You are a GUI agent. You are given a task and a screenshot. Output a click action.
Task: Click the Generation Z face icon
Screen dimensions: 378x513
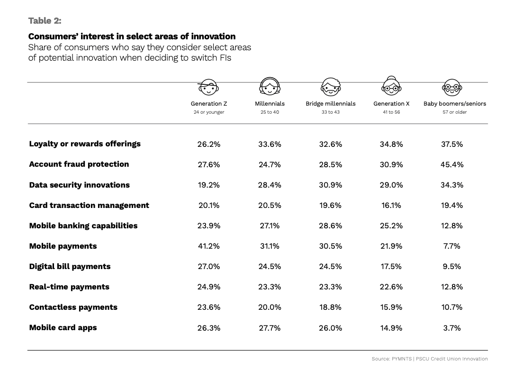(208, 87)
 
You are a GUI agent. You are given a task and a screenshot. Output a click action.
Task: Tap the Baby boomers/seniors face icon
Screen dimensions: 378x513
(451, 87)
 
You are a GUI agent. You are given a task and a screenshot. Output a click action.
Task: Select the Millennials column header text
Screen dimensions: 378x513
(270, 103)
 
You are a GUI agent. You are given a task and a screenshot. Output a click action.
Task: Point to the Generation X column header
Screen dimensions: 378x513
(391, 103)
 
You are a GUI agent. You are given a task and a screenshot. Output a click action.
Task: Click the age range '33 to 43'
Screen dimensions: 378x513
(330, 112)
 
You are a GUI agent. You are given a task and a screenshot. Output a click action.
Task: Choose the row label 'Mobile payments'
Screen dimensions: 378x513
(63, 246)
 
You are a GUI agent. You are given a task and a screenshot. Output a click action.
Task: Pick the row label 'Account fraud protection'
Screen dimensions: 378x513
(79, 164)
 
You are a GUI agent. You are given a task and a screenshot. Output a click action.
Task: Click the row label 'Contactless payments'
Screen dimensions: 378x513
(73, 307)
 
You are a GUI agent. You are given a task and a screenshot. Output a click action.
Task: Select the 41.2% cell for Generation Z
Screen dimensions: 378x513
(209, 246)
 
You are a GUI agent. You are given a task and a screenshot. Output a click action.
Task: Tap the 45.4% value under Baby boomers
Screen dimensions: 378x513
(452, 164)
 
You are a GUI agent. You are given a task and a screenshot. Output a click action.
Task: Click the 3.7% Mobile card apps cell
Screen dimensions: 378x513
(452, 328)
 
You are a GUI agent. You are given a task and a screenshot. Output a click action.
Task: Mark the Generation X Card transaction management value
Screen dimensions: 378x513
(391, 205)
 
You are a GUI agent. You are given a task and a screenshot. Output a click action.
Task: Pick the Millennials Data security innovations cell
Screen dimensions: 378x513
(270, 185)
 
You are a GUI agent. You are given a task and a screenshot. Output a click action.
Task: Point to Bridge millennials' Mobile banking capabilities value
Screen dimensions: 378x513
(330, 225)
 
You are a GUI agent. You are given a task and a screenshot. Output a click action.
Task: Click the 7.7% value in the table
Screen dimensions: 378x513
(452, 246)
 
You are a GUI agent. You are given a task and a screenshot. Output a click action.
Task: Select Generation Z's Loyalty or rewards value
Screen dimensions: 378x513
(209, 144)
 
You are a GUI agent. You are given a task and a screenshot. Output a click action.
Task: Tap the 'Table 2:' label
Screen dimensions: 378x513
(45, 20)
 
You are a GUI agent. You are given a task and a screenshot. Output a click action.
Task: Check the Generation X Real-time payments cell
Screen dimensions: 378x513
(391, 287)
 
